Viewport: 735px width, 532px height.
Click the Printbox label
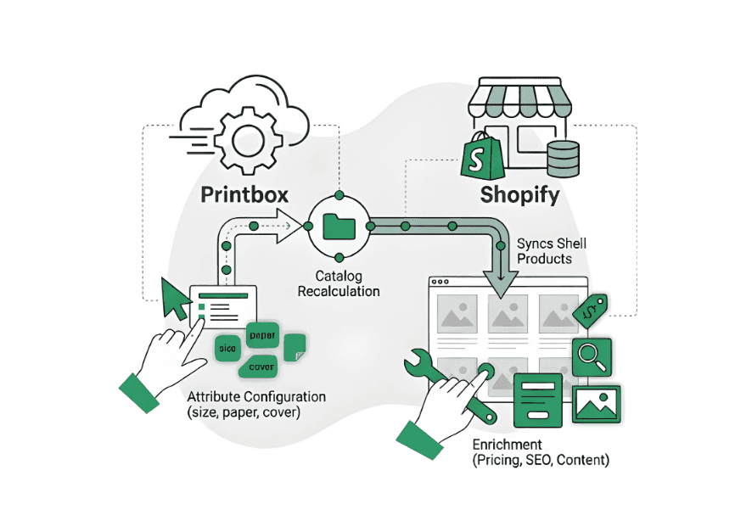click(244, 194)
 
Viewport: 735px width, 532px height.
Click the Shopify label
click(520, 194)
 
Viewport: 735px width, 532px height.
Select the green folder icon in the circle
click(339, 227)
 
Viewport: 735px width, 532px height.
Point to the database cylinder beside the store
click(561, 159)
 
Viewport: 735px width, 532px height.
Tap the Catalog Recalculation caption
click(339, 283)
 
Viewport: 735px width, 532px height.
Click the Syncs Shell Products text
click(552, 251)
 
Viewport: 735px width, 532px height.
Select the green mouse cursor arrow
click(175, 298)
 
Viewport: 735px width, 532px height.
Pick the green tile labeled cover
click(261, 367)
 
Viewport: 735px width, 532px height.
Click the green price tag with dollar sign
click(590, 311)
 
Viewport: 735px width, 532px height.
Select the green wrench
click(451, 384)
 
